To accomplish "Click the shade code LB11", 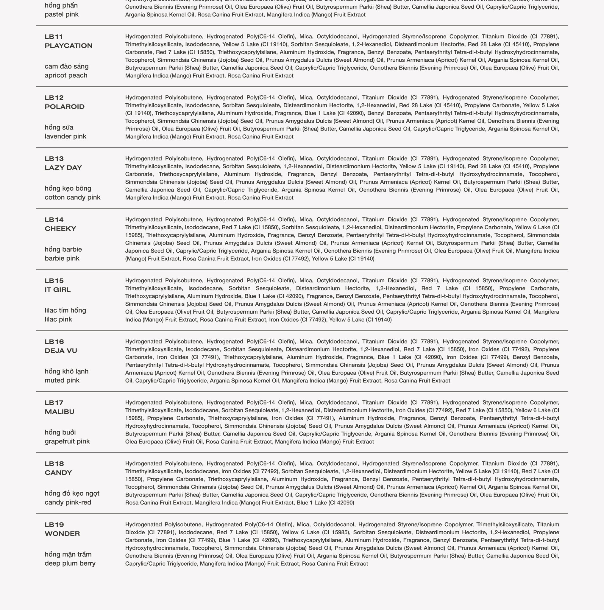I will click(x=54, y=37).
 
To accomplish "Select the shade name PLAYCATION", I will click(x=68, y=46).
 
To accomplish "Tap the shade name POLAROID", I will click(x=64, y=107).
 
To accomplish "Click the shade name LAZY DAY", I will click(x=63, y=168).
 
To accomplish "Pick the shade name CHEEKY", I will click(x=60, y=228).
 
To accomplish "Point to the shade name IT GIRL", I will click(x=57, y=290).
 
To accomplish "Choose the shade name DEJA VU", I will click(x=61, y=351).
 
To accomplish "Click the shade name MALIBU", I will click(x=59, y=412).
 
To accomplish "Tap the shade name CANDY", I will click(x=58, y=473).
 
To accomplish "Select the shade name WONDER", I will click(x=62, y=533).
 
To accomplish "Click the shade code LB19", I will click(x=54, y=525).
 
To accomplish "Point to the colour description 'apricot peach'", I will click(x=66, y=75).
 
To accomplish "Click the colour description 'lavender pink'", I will click(x=65, y=136).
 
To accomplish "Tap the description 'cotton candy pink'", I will click(x=73, y=197).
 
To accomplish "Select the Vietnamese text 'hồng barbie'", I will click(x=63, y=249).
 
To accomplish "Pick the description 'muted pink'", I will click(x=62, y=380).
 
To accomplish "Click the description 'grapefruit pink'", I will click(x=67, y=441).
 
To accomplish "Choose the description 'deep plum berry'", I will click(x=70, y=563).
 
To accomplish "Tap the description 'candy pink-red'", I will click(x=68, y=502).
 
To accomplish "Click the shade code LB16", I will click(x=54, y=342).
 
